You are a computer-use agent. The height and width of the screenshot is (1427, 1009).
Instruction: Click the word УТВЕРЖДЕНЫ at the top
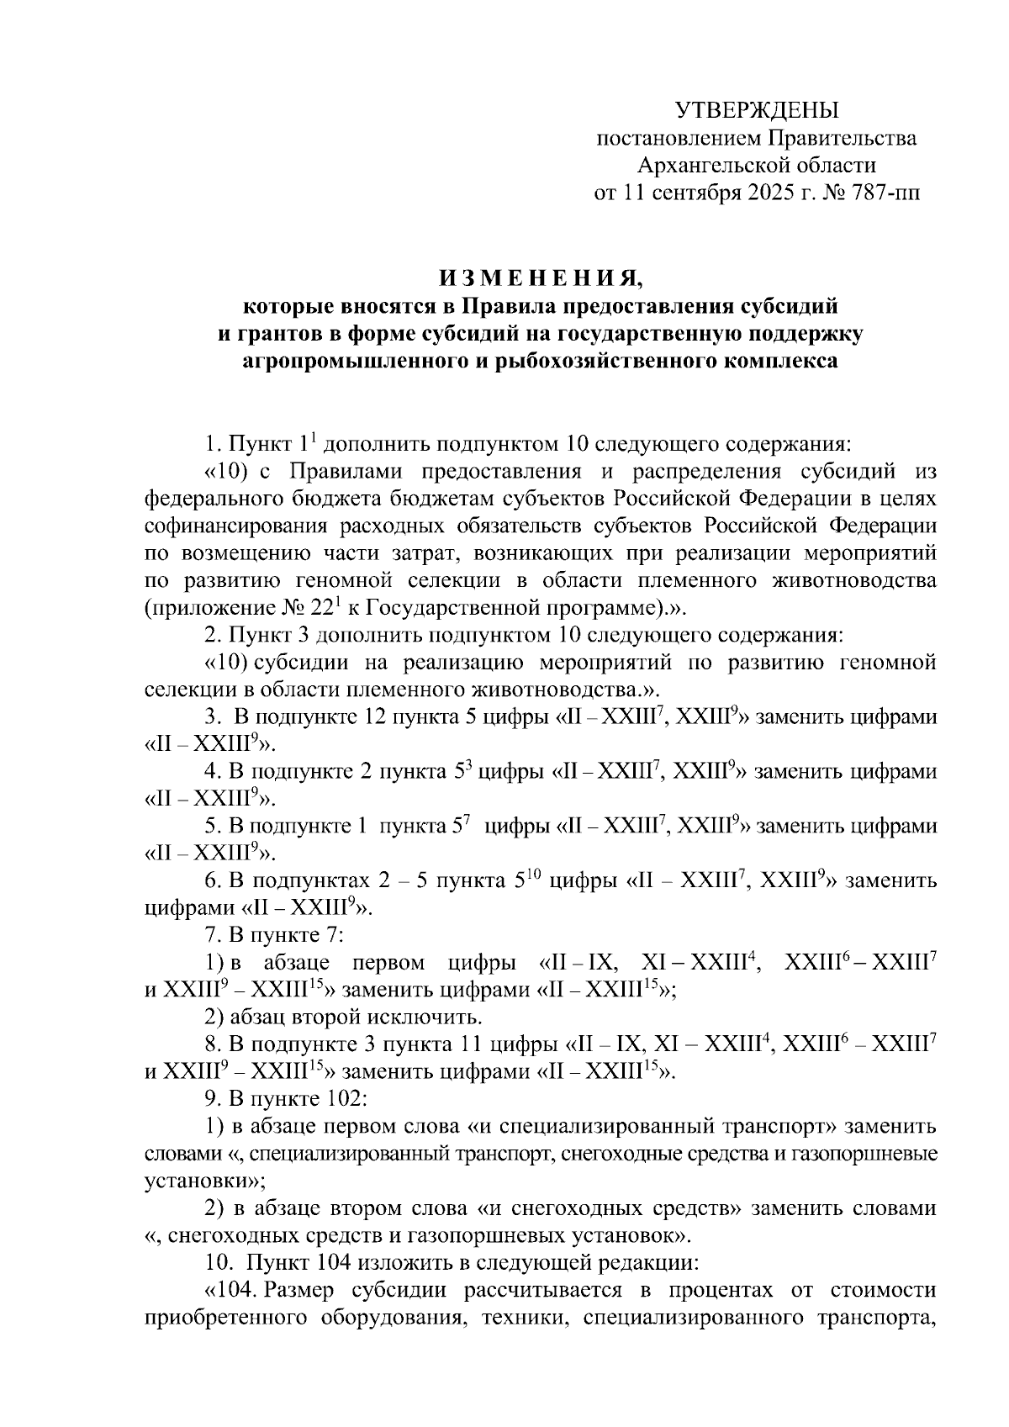coord(758,110)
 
